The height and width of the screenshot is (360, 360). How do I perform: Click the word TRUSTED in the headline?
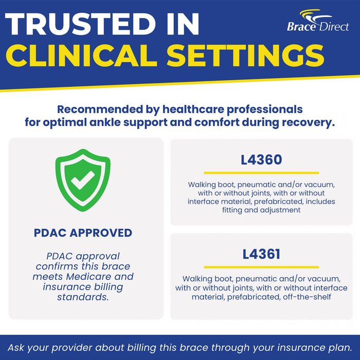tap(81, 24)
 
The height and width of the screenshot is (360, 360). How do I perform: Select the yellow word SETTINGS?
tap(245, 56)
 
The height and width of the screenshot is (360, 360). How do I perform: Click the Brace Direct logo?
tap(318, 21)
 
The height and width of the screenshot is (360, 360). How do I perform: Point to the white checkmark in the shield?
tap(83, 180)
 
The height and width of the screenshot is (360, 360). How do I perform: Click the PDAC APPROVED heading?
tap(83, 233)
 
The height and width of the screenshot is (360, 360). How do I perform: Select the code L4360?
tap(261, 160)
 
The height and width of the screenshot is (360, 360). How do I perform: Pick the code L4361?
tap(261, 254)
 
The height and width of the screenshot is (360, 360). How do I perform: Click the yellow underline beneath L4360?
tap(261, 173)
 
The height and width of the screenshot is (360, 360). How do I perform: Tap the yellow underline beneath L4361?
tap(261, 267)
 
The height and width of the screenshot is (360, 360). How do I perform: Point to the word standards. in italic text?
tap(83, 297)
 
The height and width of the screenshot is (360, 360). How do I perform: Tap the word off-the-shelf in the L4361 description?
tap(307, 297)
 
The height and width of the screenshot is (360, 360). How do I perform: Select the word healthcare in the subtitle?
tap(193, 109)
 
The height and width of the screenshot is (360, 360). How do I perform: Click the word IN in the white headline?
tap(183, 24)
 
